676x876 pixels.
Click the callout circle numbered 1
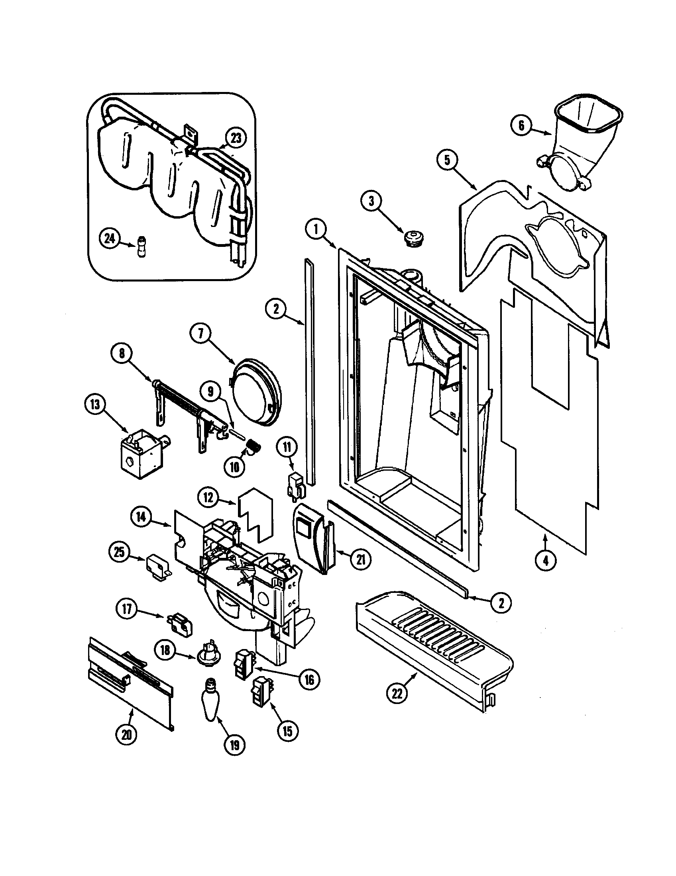click(x=316, y=229)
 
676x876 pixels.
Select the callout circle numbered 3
click(x=371, y=201)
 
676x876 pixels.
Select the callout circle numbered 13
click(x=95, y=405)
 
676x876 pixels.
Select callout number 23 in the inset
click(x=236, y=139)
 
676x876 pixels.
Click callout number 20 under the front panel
click(x=126, y=734)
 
